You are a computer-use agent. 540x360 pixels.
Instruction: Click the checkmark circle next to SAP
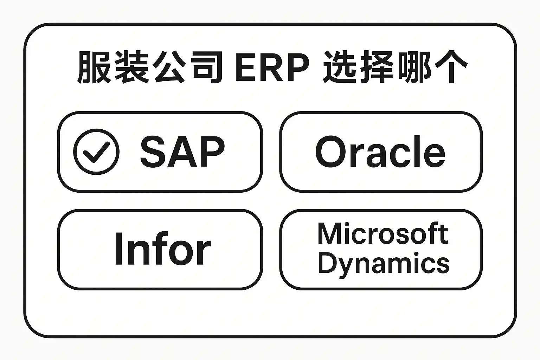[x=96, y=152]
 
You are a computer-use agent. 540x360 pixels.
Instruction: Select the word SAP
[x=182, y=152]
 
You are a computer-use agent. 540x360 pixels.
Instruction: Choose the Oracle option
[x=381, y=152]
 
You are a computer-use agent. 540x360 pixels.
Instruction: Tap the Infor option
[x=160, y=250]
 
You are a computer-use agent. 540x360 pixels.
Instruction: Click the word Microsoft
[x=383, y=233]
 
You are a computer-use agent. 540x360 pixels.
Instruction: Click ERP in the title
[x=272, y=67]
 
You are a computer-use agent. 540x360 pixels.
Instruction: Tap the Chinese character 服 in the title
[x=94, y=67]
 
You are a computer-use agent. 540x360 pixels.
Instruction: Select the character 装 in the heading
[x=131, y=67]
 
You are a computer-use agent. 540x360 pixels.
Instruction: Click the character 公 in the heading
[x=169, y=67]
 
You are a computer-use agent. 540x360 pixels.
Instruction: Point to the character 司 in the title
[x=207, y=67]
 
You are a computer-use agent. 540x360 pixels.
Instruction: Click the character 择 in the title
[x=377, y=67]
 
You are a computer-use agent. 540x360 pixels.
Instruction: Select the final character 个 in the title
[x=451, y=67]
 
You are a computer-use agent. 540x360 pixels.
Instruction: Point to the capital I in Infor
[x=118, y=249]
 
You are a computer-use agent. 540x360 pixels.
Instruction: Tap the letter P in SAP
[x=212, y=152]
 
